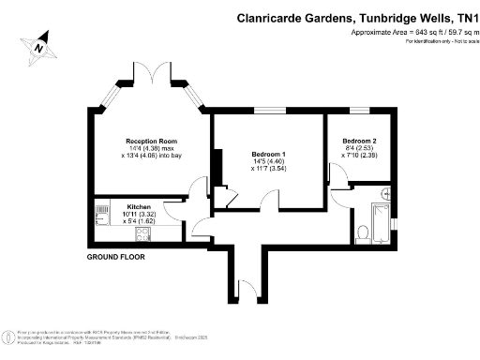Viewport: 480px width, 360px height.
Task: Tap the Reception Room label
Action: [152, 142]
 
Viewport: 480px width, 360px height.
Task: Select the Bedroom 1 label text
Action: [269, 154]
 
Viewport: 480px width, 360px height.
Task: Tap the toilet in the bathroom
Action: [362, 231]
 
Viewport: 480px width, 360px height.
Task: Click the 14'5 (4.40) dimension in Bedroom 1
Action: [268, 161]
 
